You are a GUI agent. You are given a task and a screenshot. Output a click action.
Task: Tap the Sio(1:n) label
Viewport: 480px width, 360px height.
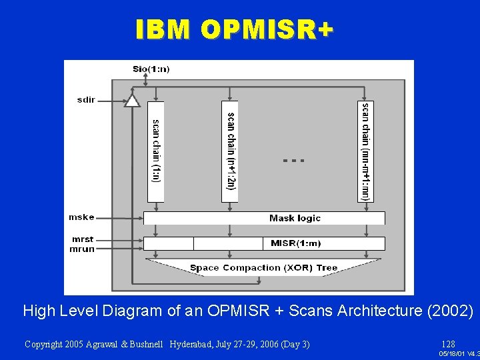click(151, 69)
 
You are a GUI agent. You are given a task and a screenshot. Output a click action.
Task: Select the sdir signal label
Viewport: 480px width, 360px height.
click(87, 100)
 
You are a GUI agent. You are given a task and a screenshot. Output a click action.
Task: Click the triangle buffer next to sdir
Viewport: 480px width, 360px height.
click(133, 101)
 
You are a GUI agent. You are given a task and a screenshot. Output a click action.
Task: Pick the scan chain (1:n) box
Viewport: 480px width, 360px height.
click(155, 151)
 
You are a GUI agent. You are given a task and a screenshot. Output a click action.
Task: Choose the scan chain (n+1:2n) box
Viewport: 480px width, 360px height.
click(230, 151)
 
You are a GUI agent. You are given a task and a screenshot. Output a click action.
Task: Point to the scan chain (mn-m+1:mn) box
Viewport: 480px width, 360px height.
click(365, 151)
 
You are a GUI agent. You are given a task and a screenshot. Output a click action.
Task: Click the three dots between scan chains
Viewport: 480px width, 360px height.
click(293, 161)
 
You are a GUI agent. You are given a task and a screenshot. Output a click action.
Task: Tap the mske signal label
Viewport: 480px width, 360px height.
click(82, 217)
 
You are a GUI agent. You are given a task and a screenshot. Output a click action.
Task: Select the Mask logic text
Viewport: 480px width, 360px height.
click(295, 218)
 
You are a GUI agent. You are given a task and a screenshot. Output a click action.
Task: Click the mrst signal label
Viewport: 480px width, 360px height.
click(83, 239)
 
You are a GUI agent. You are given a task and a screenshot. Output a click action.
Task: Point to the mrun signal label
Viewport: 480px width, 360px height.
click(83, 249)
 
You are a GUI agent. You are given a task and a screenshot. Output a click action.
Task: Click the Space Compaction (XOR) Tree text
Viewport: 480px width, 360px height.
click(263, 268)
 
